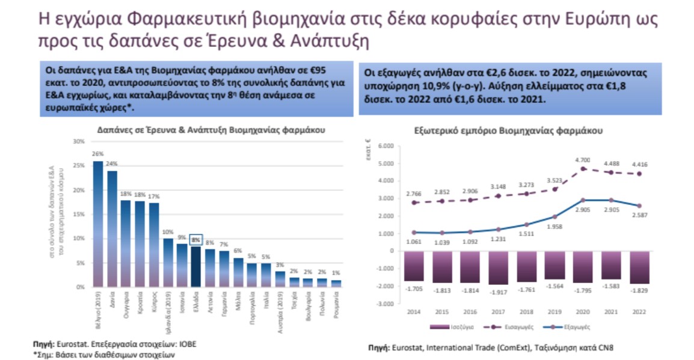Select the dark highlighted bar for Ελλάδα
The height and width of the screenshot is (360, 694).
tap(195, 267)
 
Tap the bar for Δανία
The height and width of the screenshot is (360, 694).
tap(112, 228)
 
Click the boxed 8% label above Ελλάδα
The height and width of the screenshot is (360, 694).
tap(195, 239)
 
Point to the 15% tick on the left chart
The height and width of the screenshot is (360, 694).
tap(78, 214)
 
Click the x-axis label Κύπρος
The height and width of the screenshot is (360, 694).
tap(154, 304)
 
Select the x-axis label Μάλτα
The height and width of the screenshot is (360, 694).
tap(239, 303)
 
